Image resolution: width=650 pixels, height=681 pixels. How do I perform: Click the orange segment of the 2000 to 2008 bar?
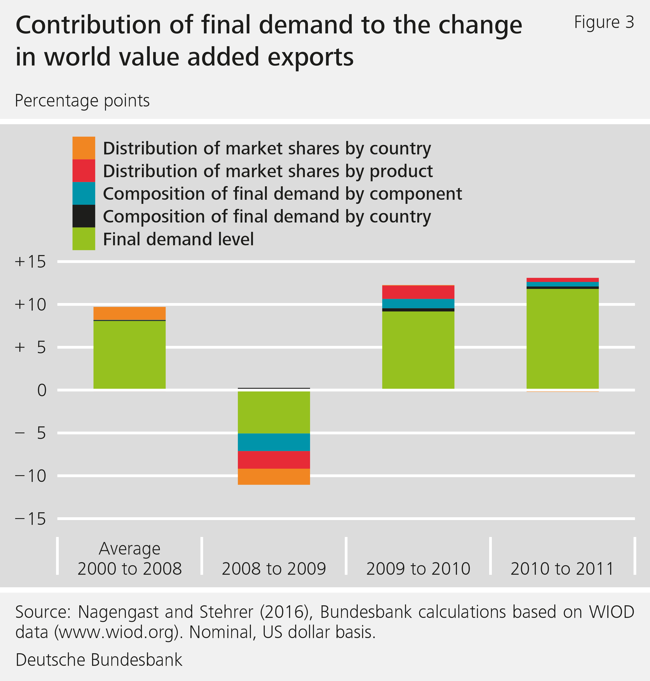130,313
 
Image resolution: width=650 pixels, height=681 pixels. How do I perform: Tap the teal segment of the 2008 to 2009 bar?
274,442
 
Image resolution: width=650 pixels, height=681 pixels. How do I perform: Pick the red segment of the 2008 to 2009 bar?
274,460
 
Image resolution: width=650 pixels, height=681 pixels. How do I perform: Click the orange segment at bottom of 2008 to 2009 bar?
274,476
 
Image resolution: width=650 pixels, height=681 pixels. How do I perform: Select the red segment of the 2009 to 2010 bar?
418,292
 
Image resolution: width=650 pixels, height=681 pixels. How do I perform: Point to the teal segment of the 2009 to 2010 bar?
418,303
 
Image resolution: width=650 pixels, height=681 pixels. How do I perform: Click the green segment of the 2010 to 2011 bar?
562,338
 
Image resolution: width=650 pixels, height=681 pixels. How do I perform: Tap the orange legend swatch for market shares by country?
83,148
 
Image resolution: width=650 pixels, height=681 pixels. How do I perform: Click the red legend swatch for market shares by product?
83,171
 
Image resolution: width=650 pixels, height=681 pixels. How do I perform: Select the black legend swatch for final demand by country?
83,216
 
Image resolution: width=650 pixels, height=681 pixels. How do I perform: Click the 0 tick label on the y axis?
42,390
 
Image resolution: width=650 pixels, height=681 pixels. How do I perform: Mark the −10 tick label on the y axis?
30,476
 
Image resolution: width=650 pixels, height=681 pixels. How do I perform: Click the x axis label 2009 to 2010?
418,569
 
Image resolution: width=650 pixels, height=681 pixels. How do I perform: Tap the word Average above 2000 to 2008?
130,548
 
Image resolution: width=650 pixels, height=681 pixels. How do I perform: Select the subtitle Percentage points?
82,101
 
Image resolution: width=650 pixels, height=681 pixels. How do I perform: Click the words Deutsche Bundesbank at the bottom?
99,660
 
